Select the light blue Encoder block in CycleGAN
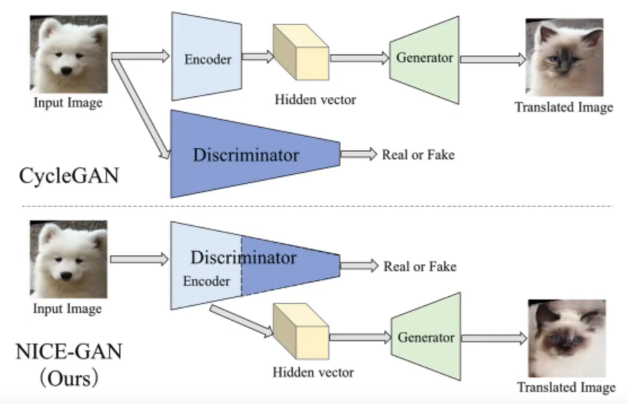207,58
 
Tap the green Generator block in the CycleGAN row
424,58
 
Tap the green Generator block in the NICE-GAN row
426,337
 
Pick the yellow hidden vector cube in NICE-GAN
300,335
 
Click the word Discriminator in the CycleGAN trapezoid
246,155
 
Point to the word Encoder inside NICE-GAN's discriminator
206,281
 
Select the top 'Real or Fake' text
418,154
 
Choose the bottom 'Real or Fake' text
420,266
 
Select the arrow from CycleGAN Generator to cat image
493,59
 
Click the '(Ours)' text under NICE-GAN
68,378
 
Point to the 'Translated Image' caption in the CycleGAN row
564,107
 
